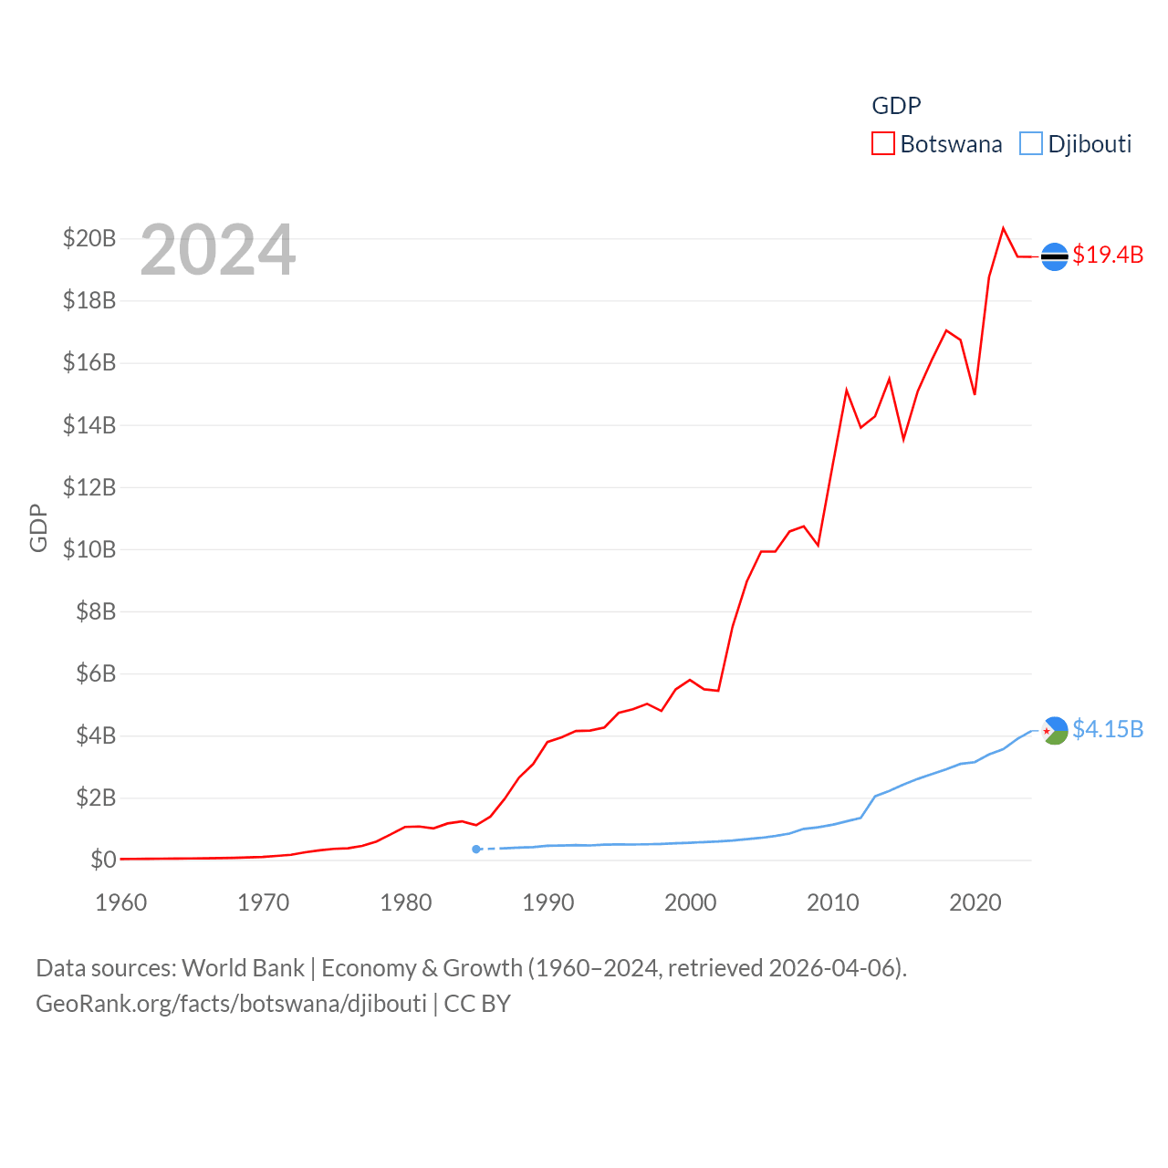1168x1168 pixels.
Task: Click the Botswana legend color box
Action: pyautogui.click(x=883, y=144)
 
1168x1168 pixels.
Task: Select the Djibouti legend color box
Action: pyautogui.click(x=1031, y=144)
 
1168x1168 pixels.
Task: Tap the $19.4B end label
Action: pyautogui.click(x=1108, y=255)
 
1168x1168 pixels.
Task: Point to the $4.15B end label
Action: pyautogui.click(x=1108, y=729)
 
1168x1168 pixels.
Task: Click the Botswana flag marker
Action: pyautogui.click(x=1054, y=257)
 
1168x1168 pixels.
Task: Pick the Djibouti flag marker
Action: pyautogui.click(x=1054, y=731)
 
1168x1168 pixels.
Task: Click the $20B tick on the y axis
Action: pyautogui.click(x=89, y=239)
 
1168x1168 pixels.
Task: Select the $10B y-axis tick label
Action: pyautogui.click(x=89, y=549)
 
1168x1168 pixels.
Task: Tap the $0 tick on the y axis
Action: pyautogui.click(x=103, y=860)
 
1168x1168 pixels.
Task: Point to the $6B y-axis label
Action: pyautogui.click(x=96, y=673)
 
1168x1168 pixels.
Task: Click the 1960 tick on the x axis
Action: pyautogui.click(x=121, y=902)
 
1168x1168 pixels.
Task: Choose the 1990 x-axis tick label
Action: pyautogui.click(x=548, y=902)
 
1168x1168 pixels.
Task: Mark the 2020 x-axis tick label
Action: pyautogui.click(x=975, y=902)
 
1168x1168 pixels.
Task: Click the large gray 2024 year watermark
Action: pyautogui.click(x=218, y=250)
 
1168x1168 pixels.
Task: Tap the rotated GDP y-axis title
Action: pyautogui.click(x=38, y=527)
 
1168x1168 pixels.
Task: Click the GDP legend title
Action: pyautogui.click(x=896, y=106)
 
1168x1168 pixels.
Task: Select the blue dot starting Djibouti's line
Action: pyautogui.click(x=476, y=850)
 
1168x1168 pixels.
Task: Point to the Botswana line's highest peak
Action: pyautogui.click(x=1003, y=228)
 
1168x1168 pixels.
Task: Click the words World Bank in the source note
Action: pyautogui.click(x=243, y=967)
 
